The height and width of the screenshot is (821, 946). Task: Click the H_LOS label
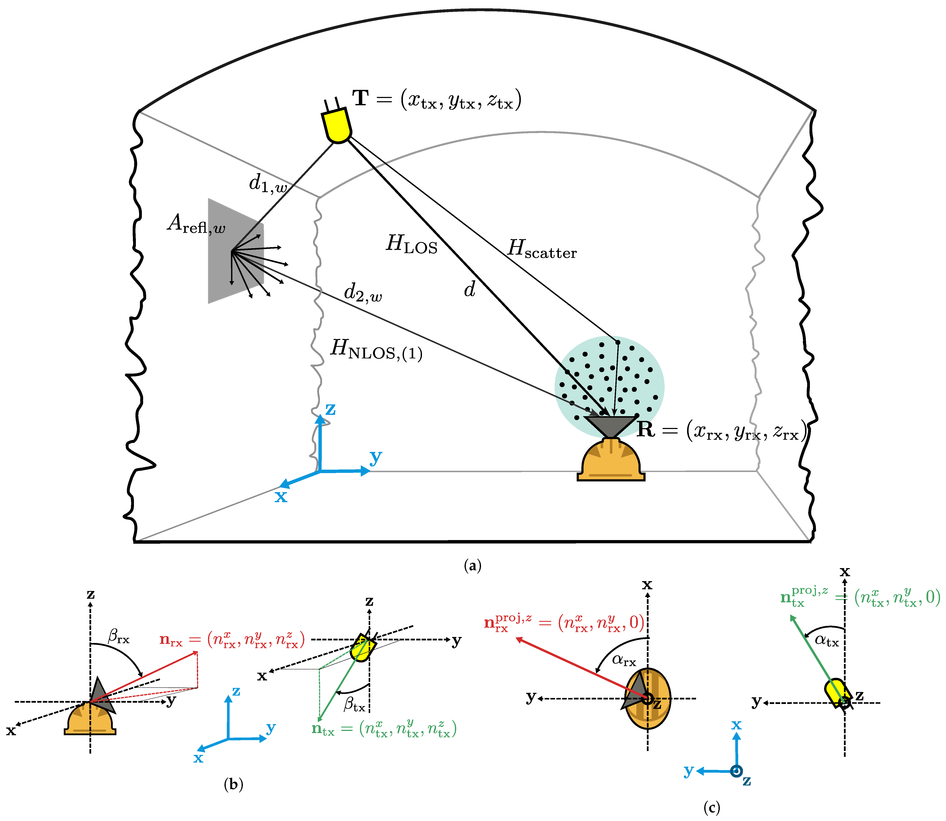pos(411,244)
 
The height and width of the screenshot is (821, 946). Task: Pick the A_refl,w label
pos(196,224)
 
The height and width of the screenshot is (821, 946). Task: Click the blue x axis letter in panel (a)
pos(281,496)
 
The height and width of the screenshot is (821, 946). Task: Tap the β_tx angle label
pos(354,705)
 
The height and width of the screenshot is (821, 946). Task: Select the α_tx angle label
pos(826,640)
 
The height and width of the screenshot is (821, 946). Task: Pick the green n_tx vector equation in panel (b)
pos(384,728)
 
